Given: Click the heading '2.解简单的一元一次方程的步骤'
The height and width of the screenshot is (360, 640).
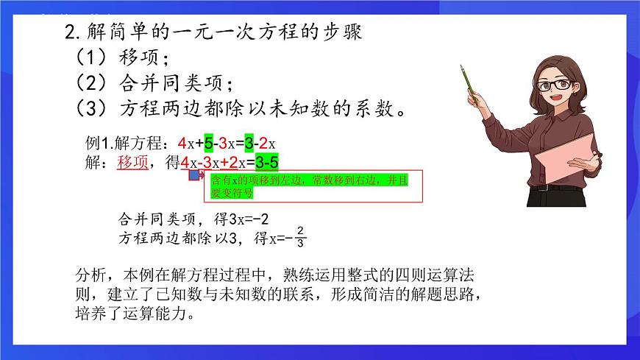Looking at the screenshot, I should point(213,32).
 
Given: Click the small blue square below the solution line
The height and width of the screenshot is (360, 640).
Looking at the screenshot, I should point(193,176).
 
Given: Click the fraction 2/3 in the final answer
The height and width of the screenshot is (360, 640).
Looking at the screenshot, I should point(300,238).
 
